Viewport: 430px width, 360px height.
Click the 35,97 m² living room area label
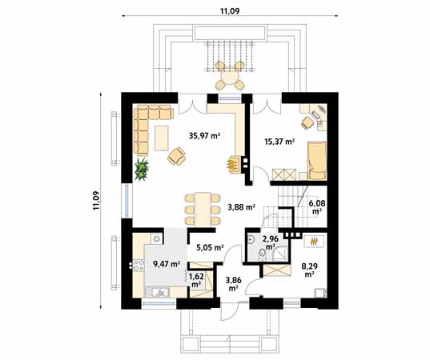coord(205,136)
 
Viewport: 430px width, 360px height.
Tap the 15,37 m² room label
coord(279,142)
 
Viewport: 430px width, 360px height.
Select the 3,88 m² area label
coord(239,207)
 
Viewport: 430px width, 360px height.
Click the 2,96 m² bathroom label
coord(270,242)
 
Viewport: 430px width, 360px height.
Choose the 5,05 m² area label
coord(207,248)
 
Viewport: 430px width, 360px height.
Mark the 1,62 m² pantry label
coord(196,281)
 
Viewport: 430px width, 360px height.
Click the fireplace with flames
coord(233,164)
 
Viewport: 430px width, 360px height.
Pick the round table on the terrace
coord(230,78)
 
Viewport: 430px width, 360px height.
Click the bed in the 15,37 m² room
coord(317,159)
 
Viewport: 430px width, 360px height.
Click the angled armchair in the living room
coord(176,156)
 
